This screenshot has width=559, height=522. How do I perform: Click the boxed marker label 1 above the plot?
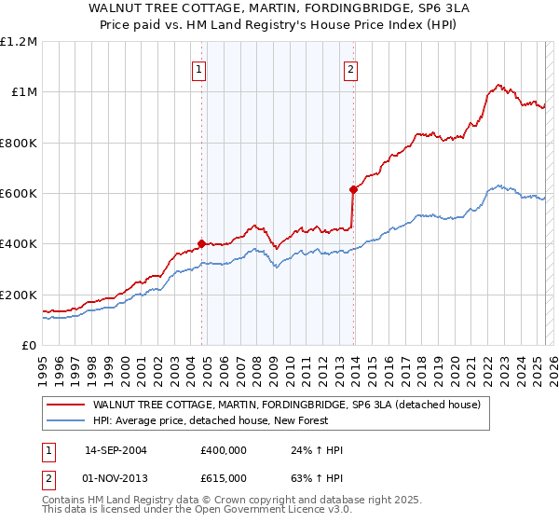199,68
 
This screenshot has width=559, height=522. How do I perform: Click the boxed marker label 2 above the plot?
350,68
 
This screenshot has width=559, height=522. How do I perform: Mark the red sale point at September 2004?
202,244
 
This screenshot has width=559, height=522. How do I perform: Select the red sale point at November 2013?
353,189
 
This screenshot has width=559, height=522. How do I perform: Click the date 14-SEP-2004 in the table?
116,449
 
